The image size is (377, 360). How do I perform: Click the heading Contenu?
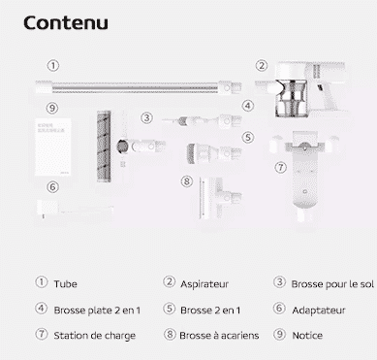tap(66, 23)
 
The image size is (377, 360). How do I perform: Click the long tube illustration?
tap(139, 87)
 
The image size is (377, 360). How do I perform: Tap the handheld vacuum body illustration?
tap(301, 89)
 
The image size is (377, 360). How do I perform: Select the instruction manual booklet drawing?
tap(52, 147)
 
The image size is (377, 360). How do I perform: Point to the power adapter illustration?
tap(75, 210)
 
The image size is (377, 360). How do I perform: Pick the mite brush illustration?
tap(220, 198)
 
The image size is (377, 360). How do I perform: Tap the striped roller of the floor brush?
tap(104, 146)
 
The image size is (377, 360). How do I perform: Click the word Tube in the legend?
tap(65, 284)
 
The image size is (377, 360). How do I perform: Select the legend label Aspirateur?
tap(204, 284)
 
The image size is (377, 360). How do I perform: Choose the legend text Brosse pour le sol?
tap(332, 284)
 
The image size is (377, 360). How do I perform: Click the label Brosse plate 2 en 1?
tap(97, 311)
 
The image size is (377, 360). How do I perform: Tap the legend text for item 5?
tap(210, 311)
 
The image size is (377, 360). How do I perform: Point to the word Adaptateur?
tap(319, 311)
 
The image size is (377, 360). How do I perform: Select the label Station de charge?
tap(94, 336)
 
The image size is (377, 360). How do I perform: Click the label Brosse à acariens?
tap(219, 336)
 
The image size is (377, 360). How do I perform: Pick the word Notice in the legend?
tap(307, 336)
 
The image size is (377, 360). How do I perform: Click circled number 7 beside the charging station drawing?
tap(281, 168)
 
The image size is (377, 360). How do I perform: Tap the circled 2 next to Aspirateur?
tap(169, 282)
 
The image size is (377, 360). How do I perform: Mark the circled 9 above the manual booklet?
tap(52, 108)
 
